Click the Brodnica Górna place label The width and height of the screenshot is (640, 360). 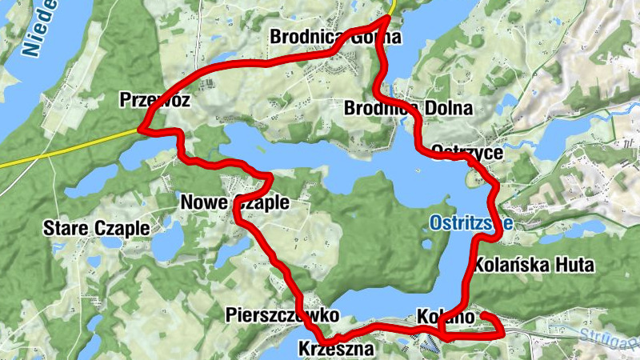(335, 37)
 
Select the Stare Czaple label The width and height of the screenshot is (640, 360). (96, 228)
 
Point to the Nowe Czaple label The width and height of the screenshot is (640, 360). (234, 202)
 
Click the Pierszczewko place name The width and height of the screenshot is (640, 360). (277, 314)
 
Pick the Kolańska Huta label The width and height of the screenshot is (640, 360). (534, 264)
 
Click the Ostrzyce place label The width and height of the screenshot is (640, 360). (466, 151)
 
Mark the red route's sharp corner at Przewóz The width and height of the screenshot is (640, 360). (141, 128)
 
